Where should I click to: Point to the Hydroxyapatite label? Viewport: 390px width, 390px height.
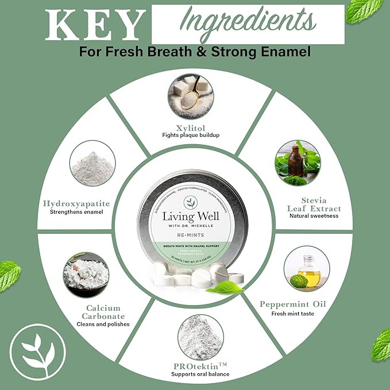pos(76,203)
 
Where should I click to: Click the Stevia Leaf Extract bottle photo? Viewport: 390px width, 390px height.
pos(298,163)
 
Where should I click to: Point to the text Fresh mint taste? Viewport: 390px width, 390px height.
pos(294,314)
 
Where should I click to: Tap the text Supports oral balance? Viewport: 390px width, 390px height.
pos(199,374)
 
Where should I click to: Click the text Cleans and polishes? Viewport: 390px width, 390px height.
pos(103,323)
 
